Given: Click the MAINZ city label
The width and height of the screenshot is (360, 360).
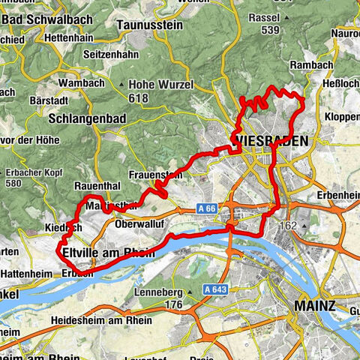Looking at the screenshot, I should point(315,306).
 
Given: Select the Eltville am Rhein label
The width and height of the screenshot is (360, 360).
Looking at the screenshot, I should point(109,253).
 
